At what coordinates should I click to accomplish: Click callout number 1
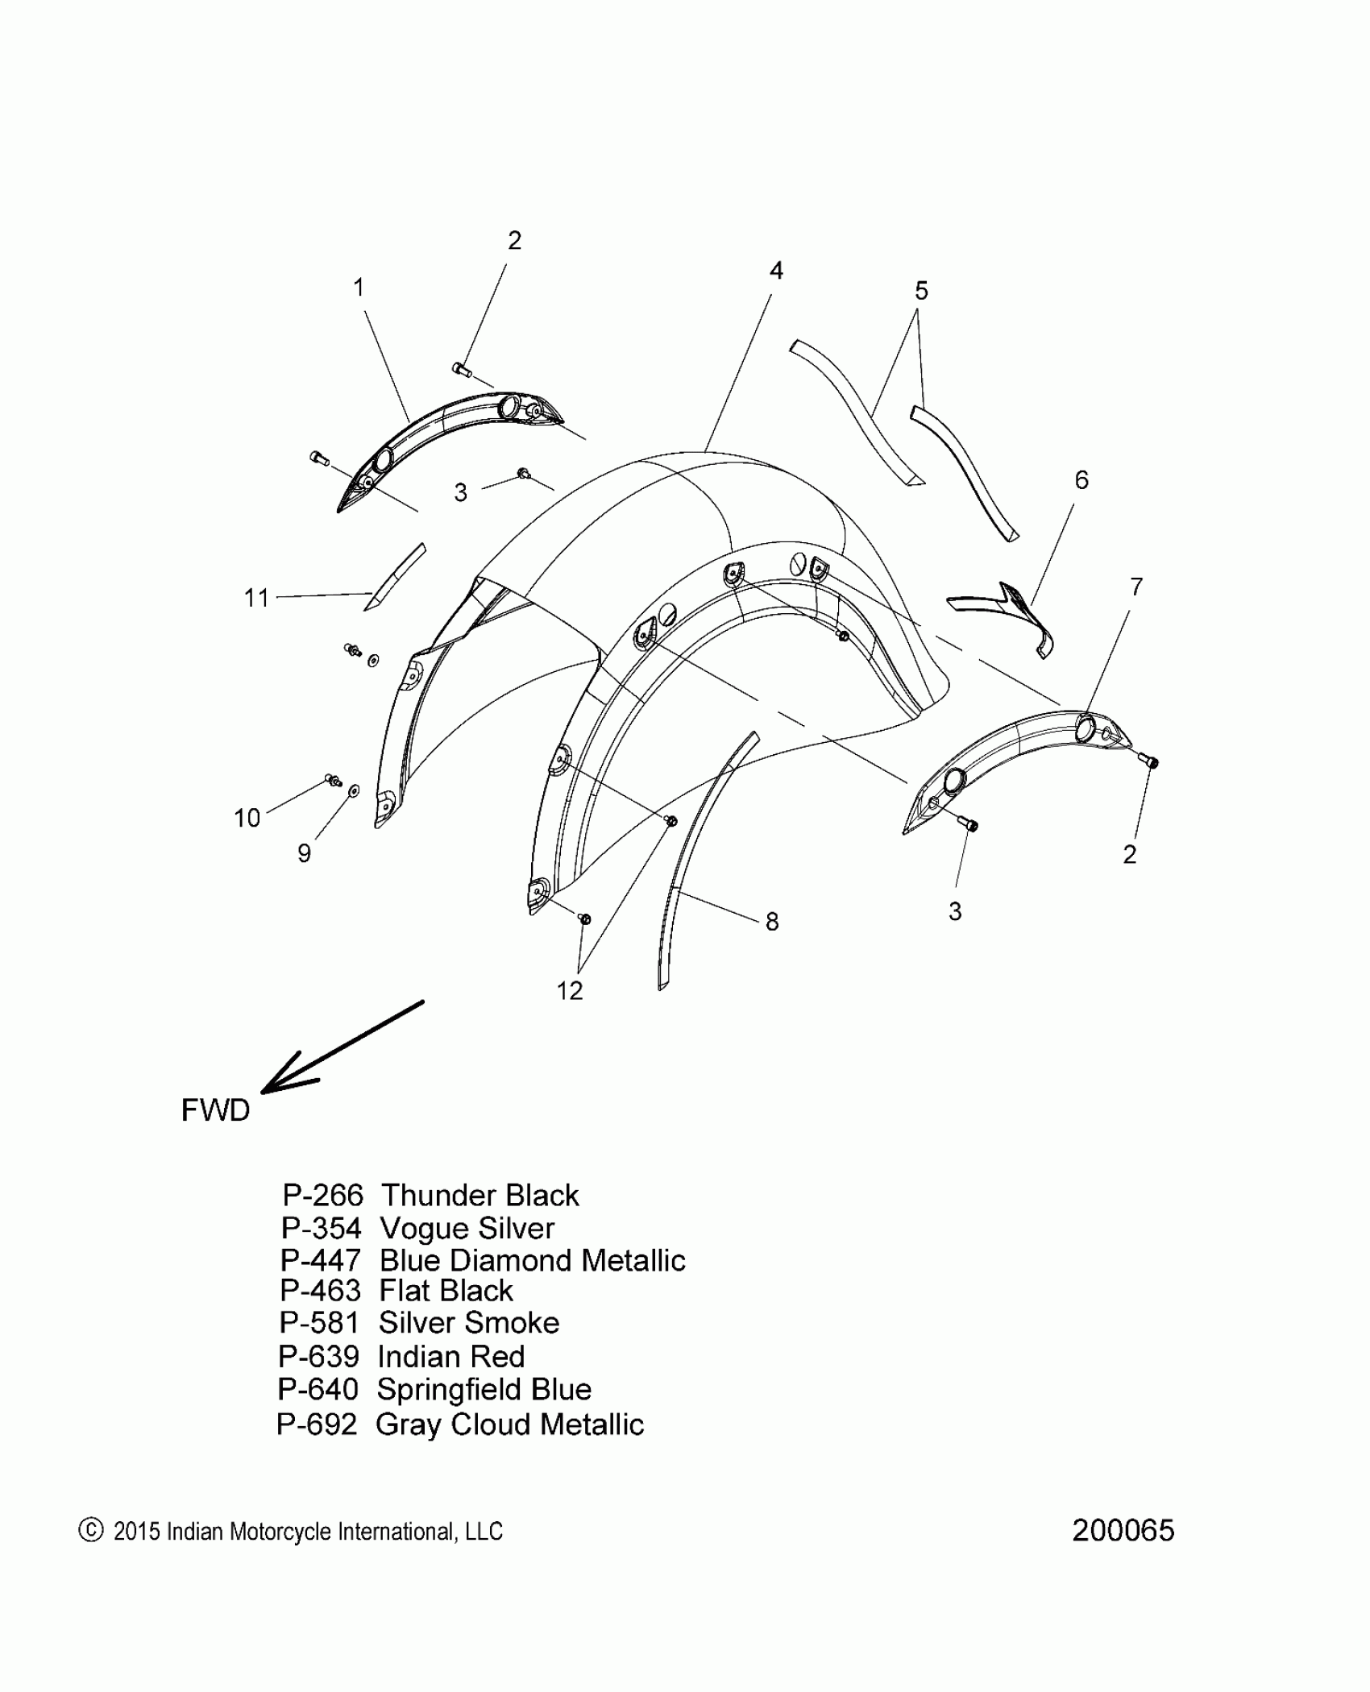coord(359,287)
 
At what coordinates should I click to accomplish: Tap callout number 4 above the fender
coord(775,271)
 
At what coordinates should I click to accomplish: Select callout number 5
coord(921,290)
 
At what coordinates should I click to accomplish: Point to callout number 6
coord(1081,480)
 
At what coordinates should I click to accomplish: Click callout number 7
coord(1135,587)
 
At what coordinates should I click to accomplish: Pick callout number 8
coord(771,922)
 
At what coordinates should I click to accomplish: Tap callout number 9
coord(304,853)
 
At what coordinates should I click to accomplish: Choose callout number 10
coord(247,818)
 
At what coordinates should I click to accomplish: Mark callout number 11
coord(256,598)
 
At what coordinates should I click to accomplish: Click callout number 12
coord(569,990)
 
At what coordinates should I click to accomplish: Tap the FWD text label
coord(215,1110)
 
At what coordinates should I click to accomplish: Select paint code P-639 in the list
coord(318,1357)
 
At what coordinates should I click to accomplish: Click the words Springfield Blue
coord(484,1390)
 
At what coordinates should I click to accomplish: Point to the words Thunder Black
coord(479,1195)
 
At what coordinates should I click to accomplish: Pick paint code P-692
coord(317,1425)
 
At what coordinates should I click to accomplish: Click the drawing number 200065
coord(1123,1531)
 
